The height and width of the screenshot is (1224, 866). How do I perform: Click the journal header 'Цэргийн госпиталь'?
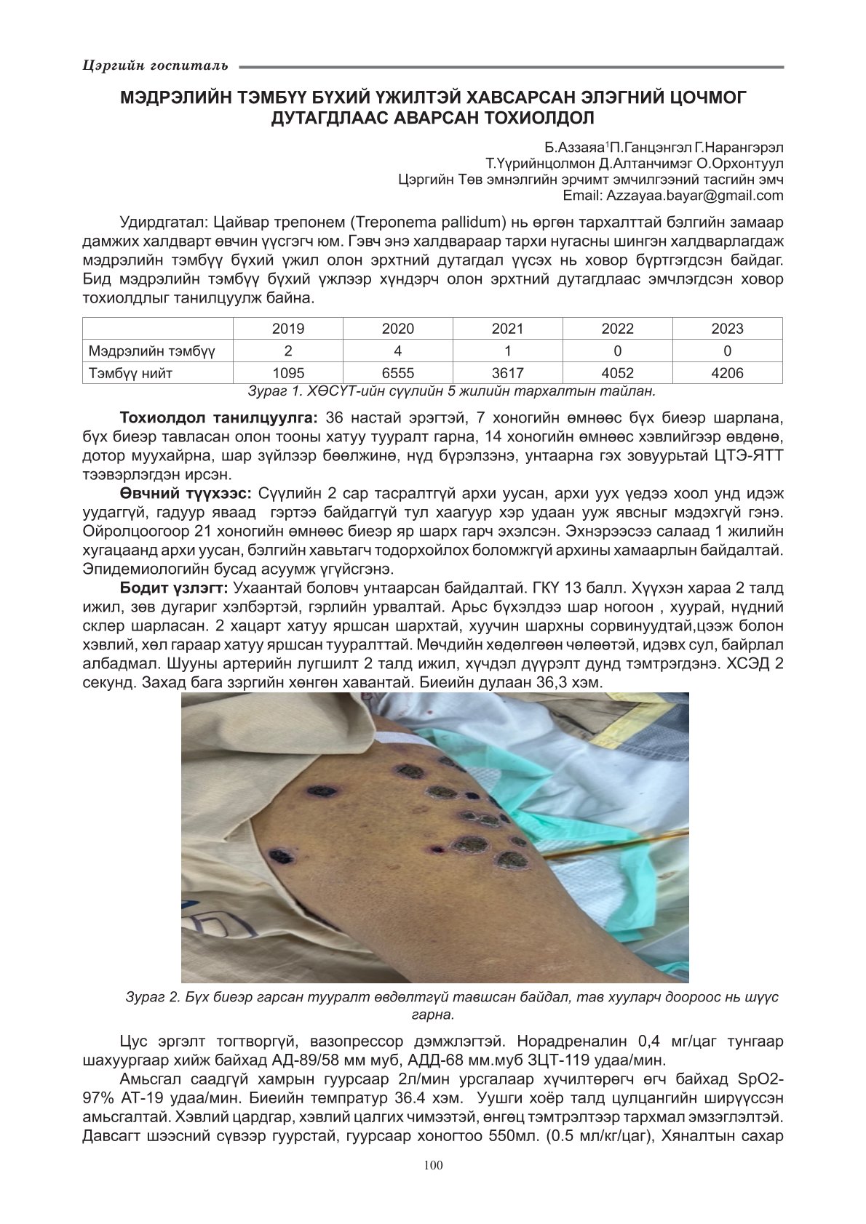pyautogui.click(x=156, y=66)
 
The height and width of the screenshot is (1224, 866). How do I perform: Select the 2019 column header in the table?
pyautogui.click(x=288, y=329)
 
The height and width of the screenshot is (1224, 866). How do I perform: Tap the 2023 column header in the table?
pyautogui.click(x=727, y=329)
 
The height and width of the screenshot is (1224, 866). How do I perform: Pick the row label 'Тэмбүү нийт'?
pyautogui.click(x=131, y=373)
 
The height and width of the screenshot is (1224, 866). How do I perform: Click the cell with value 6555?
pyautogui.click(x=397, y=373)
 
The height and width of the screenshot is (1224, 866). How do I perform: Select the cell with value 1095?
pyautogui.click(x=288, y=373)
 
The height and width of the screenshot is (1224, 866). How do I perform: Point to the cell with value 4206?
pyautogui.click(x=727, y=373)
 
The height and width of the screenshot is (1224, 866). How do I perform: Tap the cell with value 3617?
pyautogui.click(x=507, y=373)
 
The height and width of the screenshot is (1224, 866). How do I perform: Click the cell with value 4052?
pyautogui.click(x=617, y=373)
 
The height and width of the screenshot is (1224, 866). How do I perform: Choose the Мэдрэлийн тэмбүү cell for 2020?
pyautogui.click(x=397, y=351)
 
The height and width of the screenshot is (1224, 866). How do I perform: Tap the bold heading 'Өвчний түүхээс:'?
pyautogui.click(x=186, y=494)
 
